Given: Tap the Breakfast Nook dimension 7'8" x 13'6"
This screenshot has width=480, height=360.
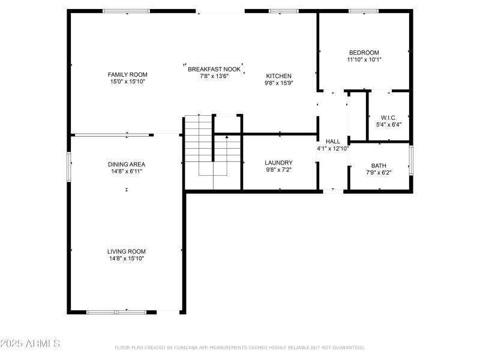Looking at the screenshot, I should point(214,76).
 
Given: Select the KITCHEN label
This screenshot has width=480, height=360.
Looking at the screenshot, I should point(278,76).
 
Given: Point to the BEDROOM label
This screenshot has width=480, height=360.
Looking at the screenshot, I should point(364,52).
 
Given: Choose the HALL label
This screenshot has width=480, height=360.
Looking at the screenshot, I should point(332,141).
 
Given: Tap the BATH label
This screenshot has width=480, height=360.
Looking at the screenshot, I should point(379,166).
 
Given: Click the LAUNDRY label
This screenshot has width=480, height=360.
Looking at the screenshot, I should point(278,163).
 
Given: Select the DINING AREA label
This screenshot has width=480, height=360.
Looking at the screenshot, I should point(126,164).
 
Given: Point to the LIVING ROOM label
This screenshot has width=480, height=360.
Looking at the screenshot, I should point(126,251).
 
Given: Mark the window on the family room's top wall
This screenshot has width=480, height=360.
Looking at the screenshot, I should point(126,11).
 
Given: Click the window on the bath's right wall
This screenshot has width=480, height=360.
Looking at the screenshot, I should point(411,161).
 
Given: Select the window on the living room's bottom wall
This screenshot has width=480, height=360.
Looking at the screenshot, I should point(116,311).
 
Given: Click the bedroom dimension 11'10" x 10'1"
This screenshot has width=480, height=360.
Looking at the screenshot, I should point(364,59).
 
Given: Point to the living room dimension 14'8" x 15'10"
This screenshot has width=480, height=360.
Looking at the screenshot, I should point(126,259).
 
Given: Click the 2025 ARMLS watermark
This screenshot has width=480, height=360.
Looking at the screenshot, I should point(30,344).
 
